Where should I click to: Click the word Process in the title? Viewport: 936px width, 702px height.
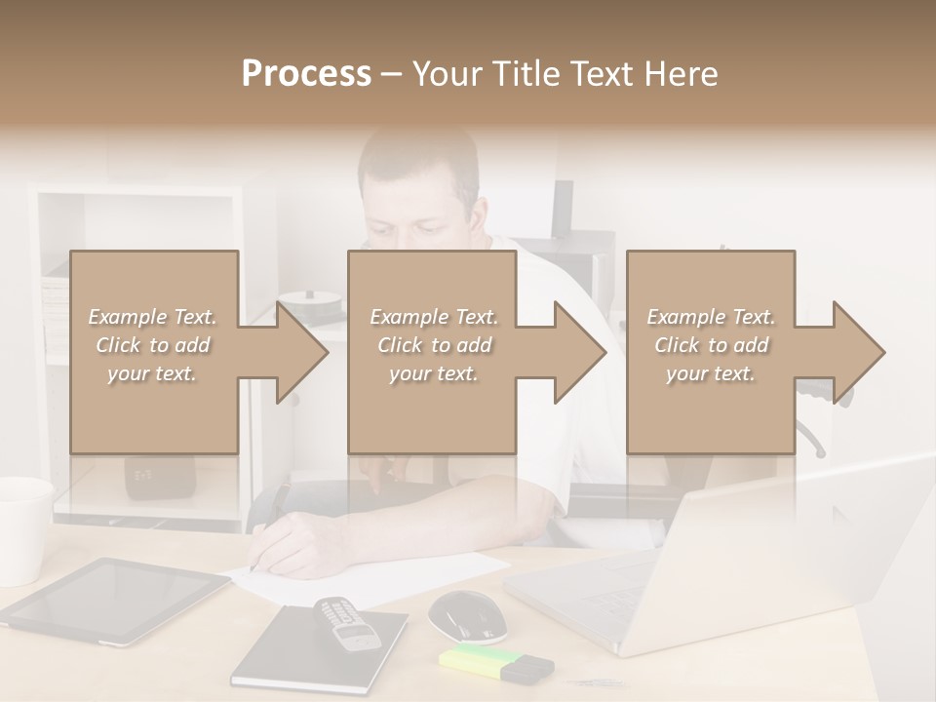click(306, 74)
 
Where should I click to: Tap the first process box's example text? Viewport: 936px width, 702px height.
click(152, 345)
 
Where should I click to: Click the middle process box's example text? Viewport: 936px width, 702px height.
click(433, 345)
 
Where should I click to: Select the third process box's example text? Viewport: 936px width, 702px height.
click(710, 345)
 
